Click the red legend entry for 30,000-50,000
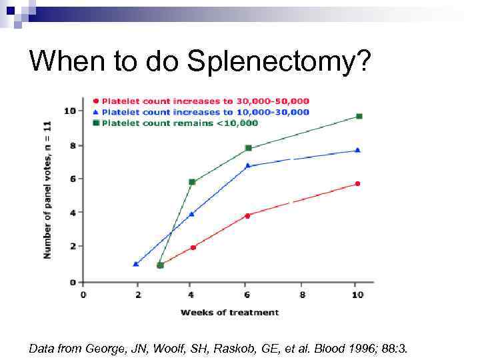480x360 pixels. [207, 101]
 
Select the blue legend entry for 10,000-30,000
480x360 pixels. [206, 112]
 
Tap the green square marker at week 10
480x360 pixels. [359, 117]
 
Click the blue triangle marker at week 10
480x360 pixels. [358, 150]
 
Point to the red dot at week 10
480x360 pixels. [358, 184]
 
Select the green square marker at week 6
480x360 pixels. [248, 148]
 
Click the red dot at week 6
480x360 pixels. [247, 215]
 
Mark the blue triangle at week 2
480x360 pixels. [136, 264]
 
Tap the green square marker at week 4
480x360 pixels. [192, 182]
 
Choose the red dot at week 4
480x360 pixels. [193, 247]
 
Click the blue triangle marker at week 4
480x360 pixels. [192, 214]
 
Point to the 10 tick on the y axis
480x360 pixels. [69, 110]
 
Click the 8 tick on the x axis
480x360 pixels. [303, 294]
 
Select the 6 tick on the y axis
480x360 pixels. [72, 179]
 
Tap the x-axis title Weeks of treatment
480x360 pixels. [229, 312]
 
